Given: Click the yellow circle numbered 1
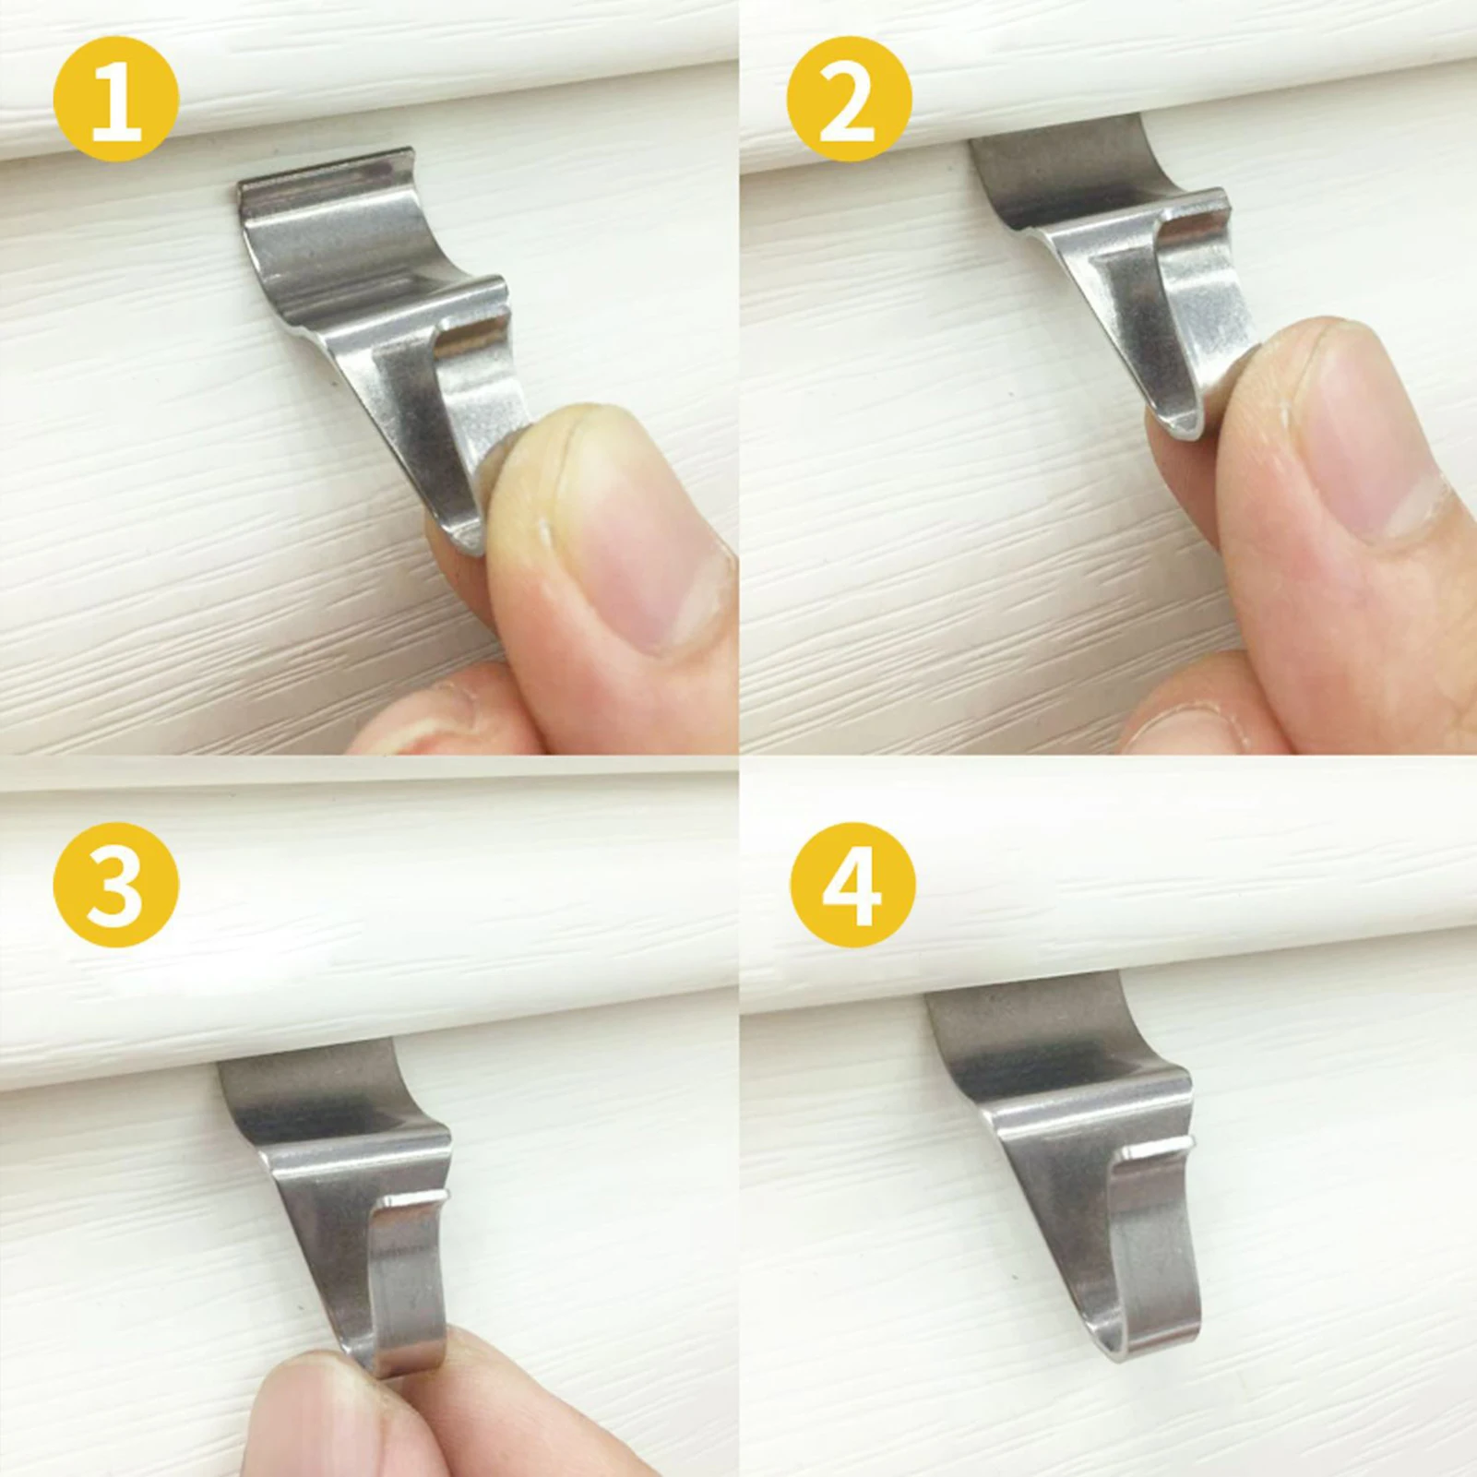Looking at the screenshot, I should click(116, 99).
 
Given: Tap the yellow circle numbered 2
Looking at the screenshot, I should click(849, 99).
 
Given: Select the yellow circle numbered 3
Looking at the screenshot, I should click(116, 885).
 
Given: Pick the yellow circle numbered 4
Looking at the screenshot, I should click(852, 885).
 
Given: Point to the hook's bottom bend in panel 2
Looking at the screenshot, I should click(1185, 424).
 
